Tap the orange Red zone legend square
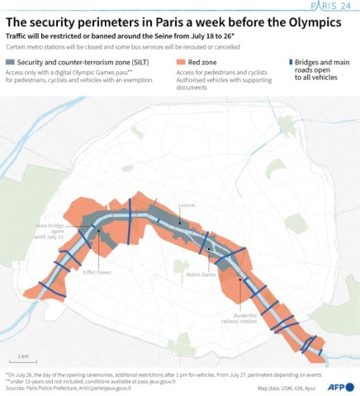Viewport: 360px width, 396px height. (182, 63)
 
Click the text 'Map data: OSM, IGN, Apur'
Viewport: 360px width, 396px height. (288, 388)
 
